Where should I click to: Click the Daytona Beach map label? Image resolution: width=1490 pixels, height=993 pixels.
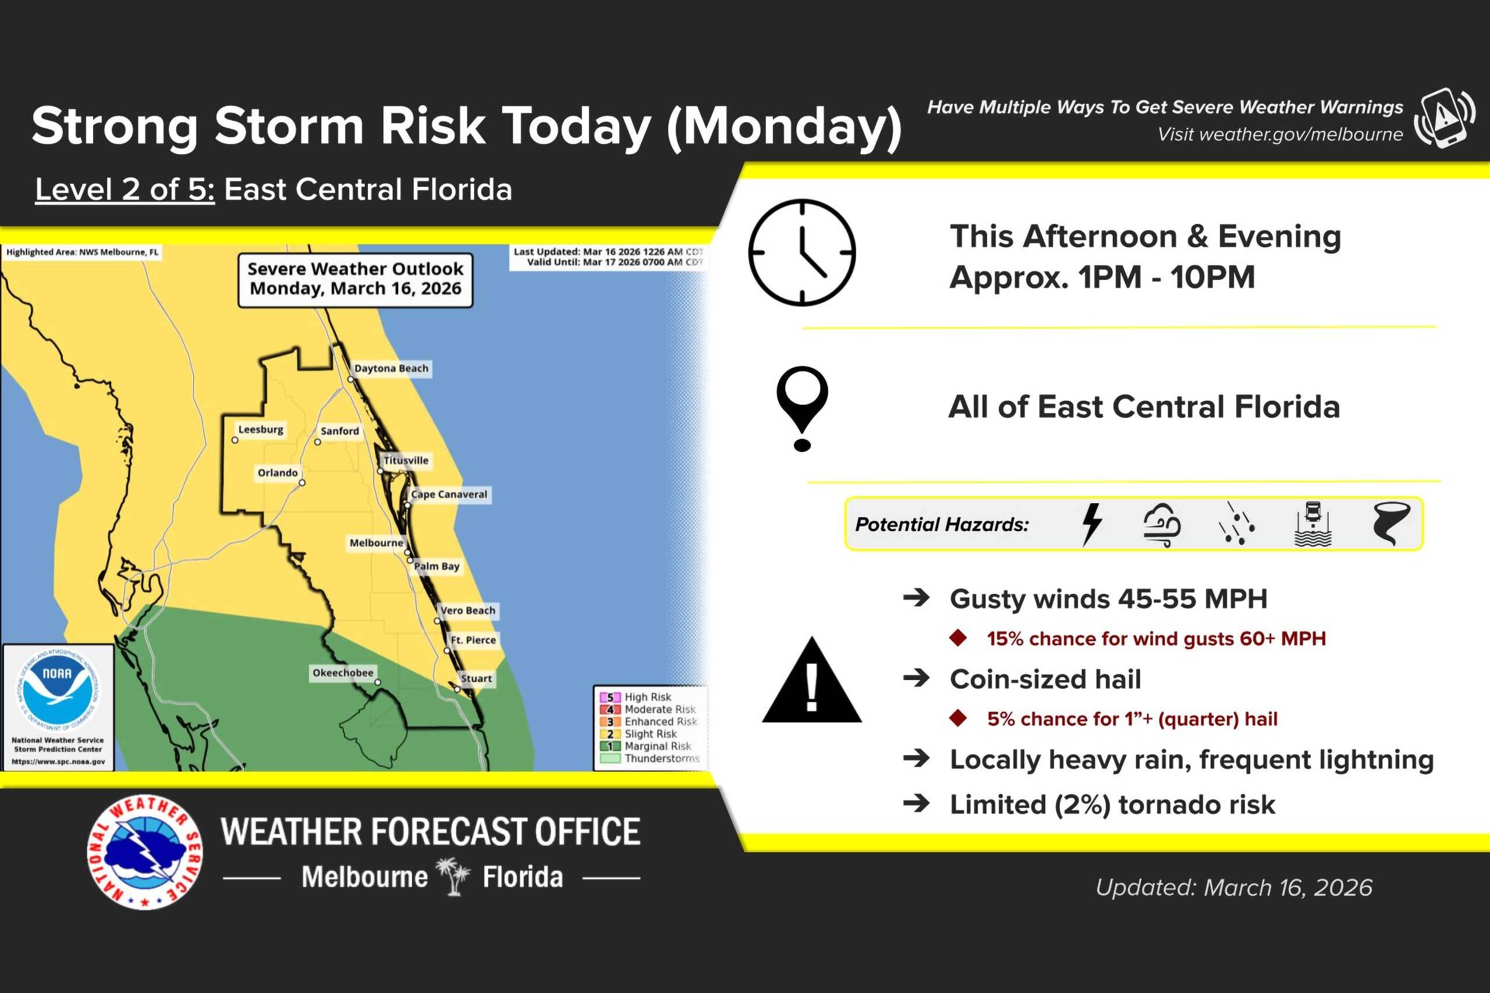click(x=391, y=369)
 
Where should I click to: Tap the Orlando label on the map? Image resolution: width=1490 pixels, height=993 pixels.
click(x=278, y=473)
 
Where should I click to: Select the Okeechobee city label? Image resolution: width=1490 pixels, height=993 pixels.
click(x=343, y=672)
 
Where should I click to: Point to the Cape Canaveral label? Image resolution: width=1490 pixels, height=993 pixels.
click(x=449, y=494)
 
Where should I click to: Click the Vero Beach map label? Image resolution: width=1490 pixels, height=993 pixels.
click(x=467, y=610)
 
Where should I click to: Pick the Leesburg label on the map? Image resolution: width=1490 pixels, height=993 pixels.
click(x=260, y=429)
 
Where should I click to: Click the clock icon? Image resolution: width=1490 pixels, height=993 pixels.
click(x=802, y=252)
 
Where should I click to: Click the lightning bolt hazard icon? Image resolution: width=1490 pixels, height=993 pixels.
click(x=1092, y=524)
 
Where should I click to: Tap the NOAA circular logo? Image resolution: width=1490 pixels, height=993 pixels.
click(x=58, y=688)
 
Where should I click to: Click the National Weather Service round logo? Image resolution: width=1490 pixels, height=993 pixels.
click(x=145, y=852)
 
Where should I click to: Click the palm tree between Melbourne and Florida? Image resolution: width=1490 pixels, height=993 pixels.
click(x=453, y=877)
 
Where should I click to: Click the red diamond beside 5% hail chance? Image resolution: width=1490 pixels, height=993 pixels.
click(x=958, y=718)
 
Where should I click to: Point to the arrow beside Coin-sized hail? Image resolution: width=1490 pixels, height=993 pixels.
click(x=916, y=678)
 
